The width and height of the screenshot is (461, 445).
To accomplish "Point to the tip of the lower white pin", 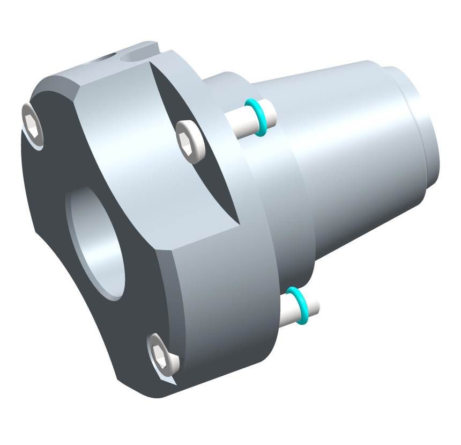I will [x=316, y=306].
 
